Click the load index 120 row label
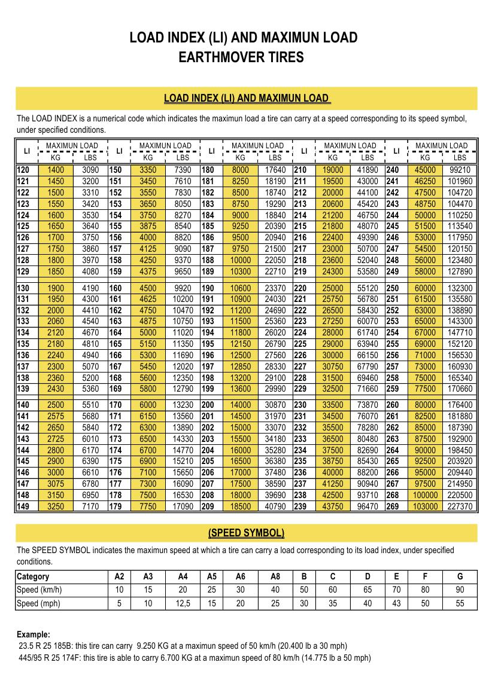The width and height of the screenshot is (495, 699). (x=23, y=170)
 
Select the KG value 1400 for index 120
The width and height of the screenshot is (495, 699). (x=55, y=170)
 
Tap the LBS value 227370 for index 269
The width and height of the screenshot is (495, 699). (x=460, y=506)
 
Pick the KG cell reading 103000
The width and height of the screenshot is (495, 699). (x=425, y=506)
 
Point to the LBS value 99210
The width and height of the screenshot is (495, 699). (x=460, y=170)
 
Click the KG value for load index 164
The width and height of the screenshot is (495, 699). (x=147, y=332)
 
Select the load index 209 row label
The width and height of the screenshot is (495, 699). (x=208, y=506)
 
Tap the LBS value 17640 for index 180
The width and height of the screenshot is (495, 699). (x=275, y=170)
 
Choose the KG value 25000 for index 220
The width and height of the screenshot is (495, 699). (x=333, y=288)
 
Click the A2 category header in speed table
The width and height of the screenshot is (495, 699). (x=119, y=576)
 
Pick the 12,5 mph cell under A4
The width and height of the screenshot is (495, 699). (x=183, y=603)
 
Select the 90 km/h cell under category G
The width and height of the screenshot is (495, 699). (x=460, y=590)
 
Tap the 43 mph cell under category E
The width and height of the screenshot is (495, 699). (x=396, y=603)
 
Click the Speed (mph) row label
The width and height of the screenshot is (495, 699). (x=39, y=603)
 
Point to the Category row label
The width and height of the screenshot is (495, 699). (x=34, y=576)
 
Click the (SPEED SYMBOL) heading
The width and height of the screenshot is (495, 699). (x=246, y=533)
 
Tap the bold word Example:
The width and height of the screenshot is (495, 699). (x=34, y=634)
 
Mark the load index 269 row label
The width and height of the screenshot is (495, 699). (x=393, y=506)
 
